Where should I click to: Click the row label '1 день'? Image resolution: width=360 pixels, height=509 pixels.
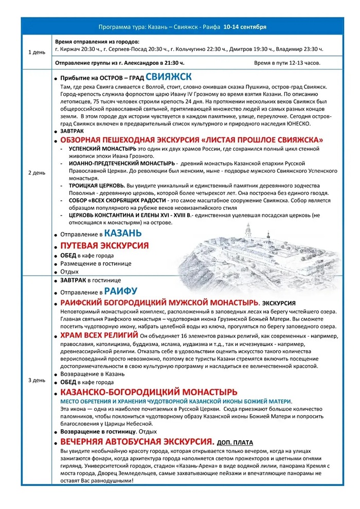(36, 52)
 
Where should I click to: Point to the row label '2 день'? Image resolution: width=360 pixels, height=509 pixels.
(36, 173)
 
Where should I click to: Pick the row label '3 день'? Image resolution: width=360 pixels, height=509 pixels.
(36, 380)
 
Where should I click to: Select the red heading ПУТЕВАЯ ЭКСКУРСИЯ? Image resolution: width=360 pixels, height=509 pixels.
(104, 246)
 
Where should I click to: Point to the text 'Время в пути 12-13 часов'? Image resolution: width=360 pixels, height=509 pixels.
(287, 63)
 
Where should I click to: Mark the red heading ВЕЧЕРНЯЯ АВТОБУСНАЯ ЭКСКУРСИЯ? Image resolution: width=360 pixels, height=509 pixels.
(137, 442)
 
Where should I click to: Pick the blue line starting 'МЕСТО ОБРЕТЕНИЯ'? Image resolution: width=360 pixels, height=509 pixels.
(176, 401)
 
